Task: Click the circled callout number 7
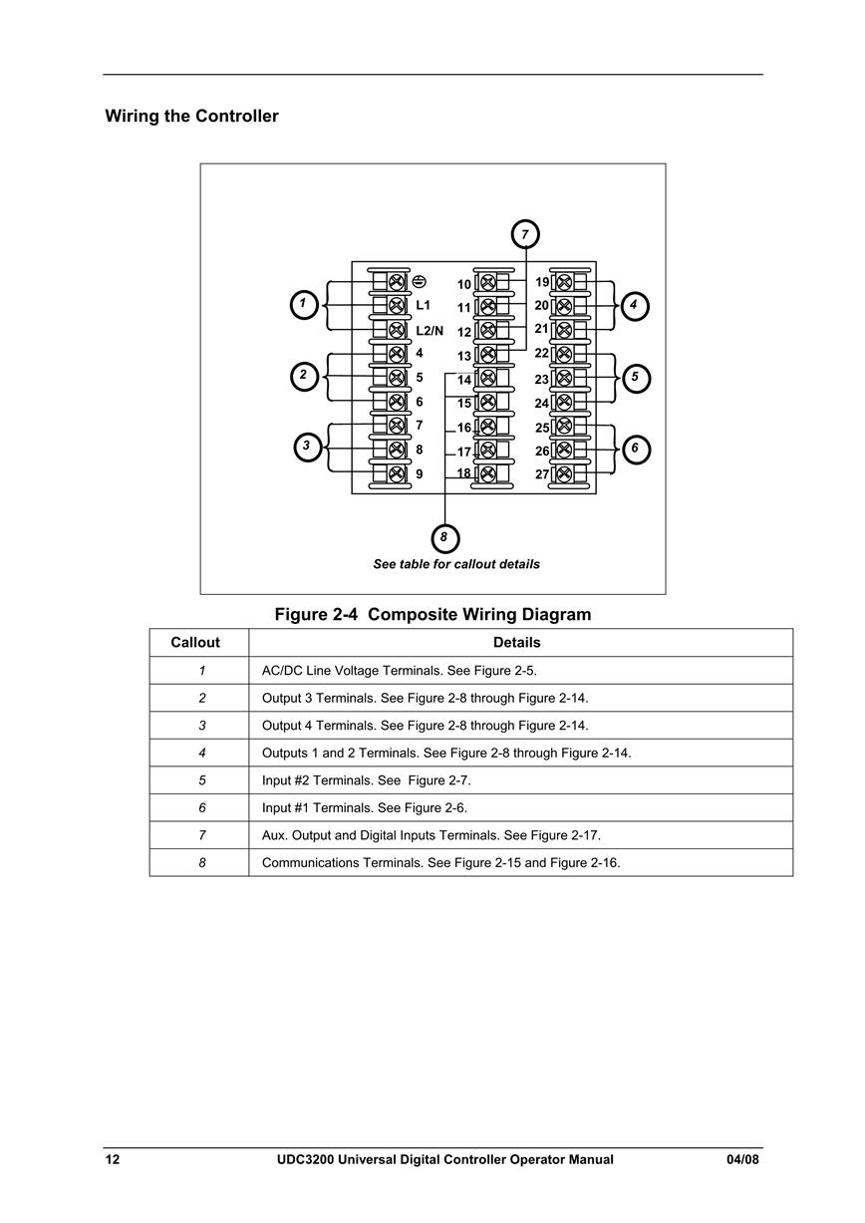pos(525,235)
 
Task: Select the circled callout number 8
pos(444,538)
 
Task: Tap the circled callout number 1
pos(303,304)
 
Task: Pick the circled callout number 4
pos(634,306)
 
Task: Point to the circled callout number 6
pos(636,450)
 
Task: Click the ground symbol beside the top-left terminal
pos(420,282)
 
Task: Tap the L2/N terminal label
pos(430,330)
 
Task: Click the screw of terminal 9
pos(397,473)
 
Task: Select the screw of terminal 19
pos(564,282)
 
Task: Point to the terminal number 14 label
pos(463,380)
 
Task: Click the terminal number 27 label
pos(541,473)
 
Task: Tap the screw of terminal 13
pos(488,355)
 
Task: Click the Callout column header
pos(195,642)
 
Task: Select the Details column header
pos(517,642)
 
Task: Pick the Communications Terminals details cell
pos(440,862)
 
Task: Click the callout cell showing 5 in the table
pos(202,780)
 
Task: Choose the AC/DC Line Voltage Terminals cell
pos(400,670)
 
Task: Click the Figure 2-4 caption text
pos(432,614)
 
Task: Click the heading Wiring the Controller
pos(191,116)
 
